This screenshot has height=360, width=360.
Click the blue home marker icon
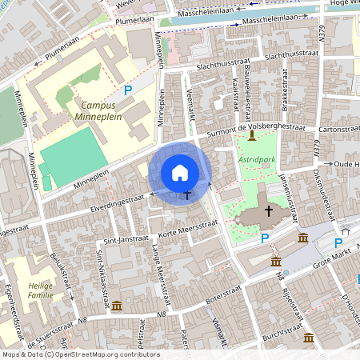click(x=180, y=173)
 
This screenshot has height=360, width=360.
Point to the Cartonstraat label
click(x=338, y=127)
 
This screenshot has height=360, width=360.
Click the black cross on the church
click(x=268, y=210)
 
